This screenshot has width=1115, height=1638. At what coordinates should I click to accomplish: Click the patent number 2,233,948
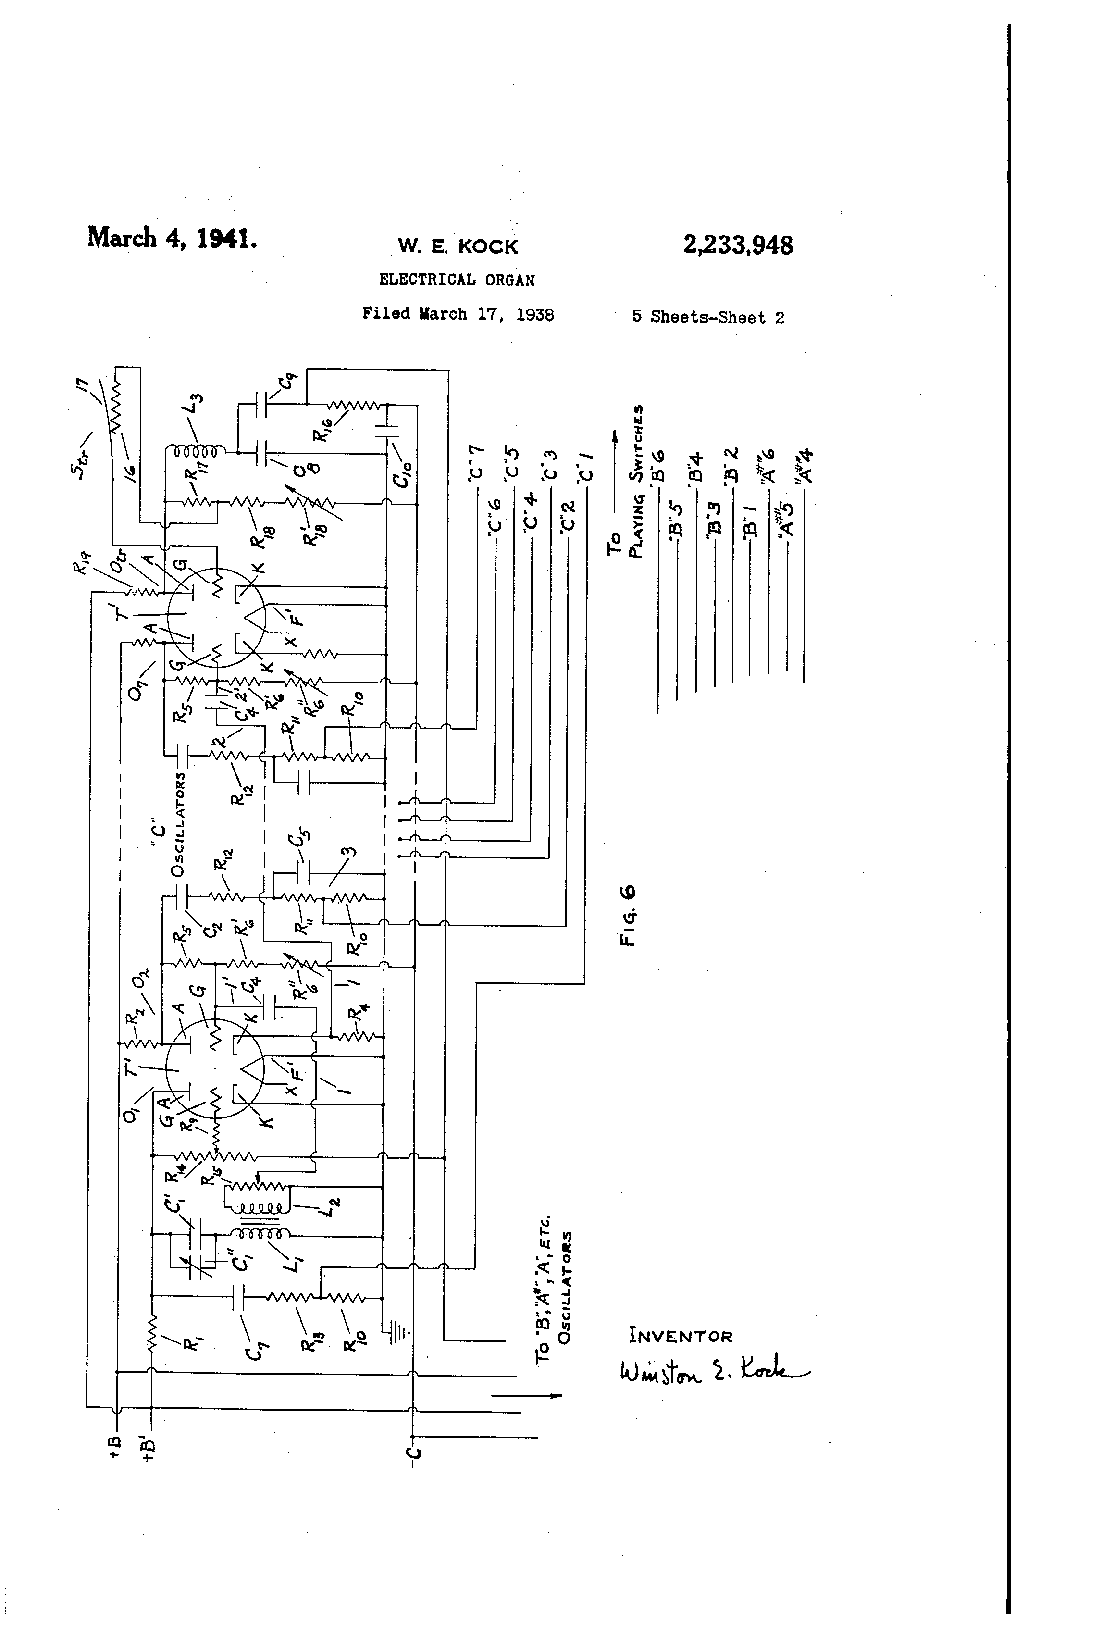pyautogui.click(x=738, y=245)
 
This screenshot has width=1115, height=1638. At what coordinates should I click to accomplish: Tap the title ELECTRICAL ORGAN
pyautogui.click(x=457, y=280)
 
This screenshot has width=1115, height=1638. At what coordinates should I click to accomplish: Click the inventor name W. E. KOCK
pyautogui.click(x=458, y=246)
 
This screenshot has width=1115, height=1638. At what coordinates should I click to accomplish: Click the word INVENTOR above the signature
pyautogui.click(x=681, y=1336)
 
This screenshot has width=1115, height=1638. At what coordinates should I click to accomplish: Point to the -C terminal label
pyautogui.click(x=414, y=1459)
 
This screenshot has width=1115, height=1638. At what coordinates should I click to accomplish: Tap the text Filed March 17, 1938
pyautogui.click(x=458, y=314)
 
